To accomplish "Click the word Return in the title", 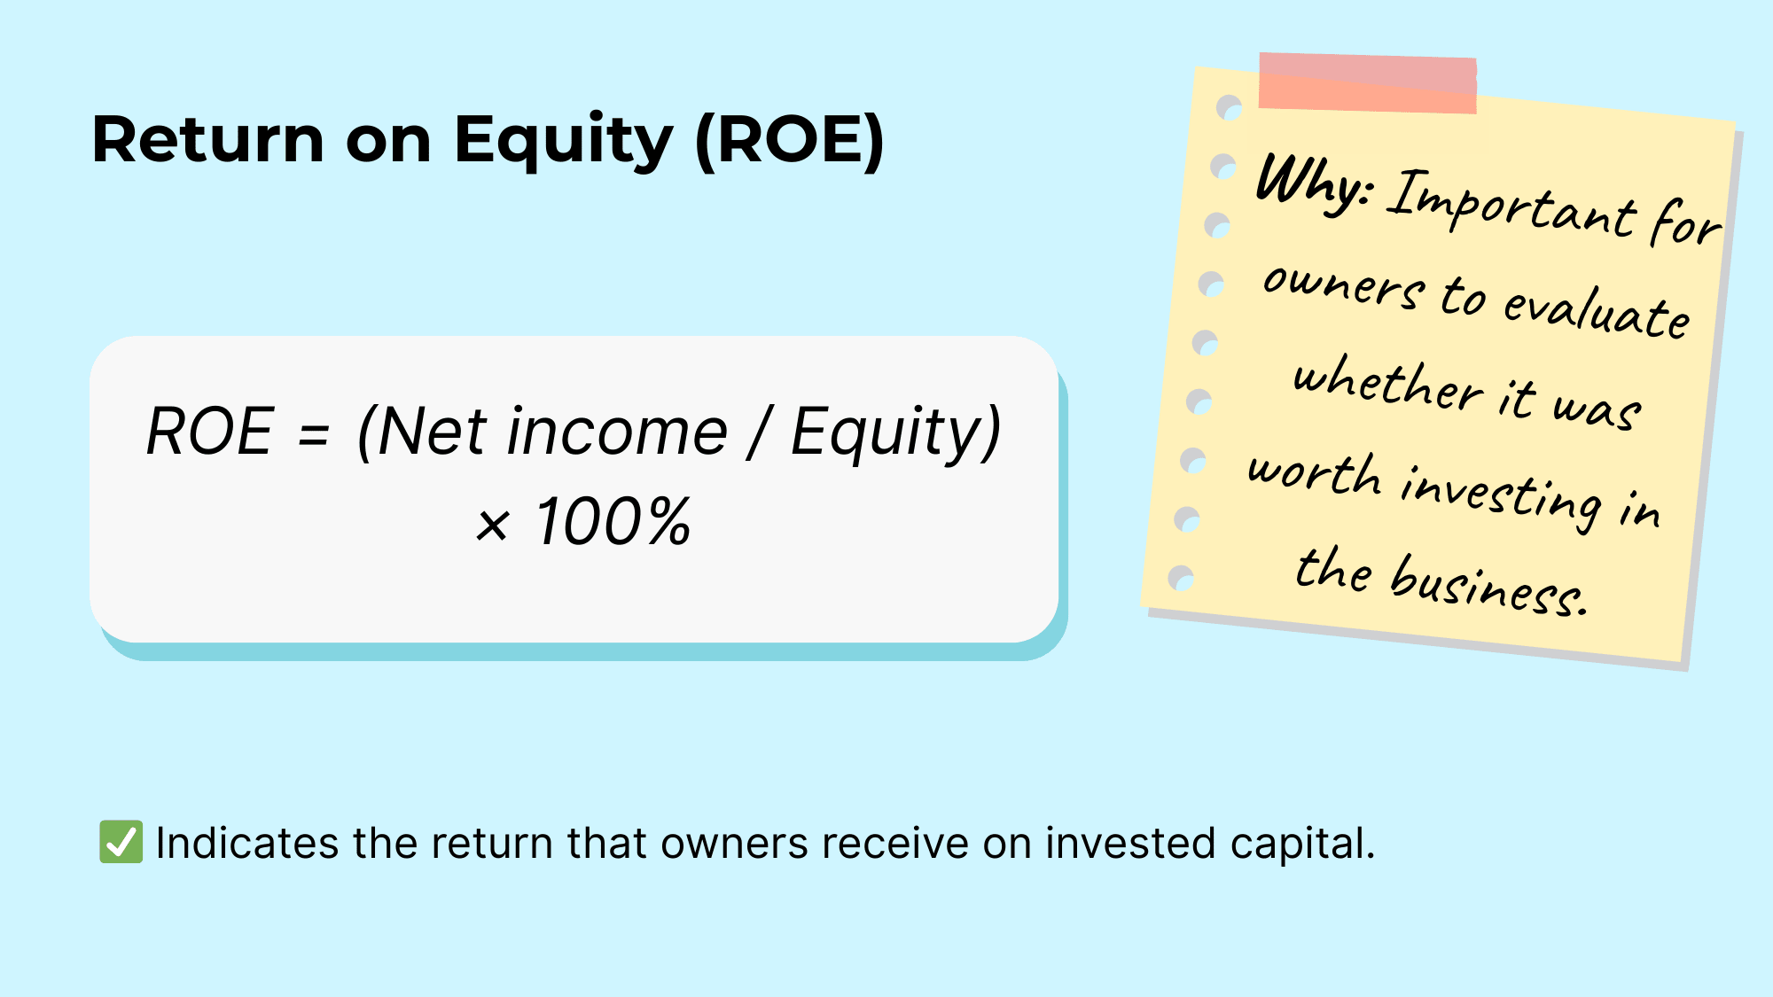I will tap(208, 140).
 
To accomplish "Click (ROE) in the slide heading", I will tap(789, 140).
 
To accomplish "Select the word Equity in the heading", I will tap(564, 142).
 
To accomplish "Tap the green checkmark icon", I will tap(121, 842).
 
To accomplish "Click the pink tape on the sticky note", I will tap(1367, 82).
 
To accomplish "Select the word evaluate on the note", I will tap(1596, 312).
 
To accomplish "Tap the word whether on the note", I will tap(1387, 384).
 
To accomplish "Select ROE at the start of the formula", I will tap(209, 432).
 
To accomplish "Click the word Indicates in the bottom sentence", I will tap(246, 843).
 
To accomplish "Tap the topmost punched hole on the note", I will tap(1229, 108).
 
